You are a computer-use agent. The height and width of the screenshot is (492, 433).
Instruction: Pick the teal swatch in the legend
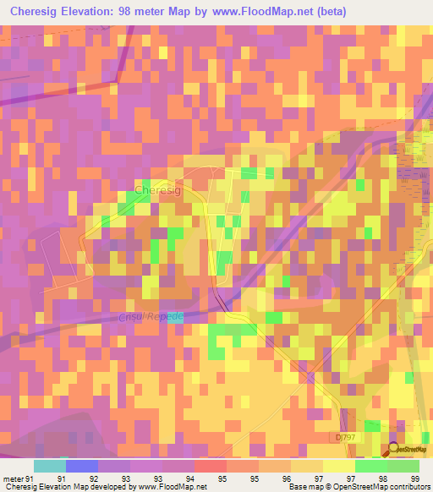coord(49,466)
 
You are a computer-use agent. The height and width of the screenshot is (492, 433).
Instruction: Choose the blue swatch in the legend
coord(81,466)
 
